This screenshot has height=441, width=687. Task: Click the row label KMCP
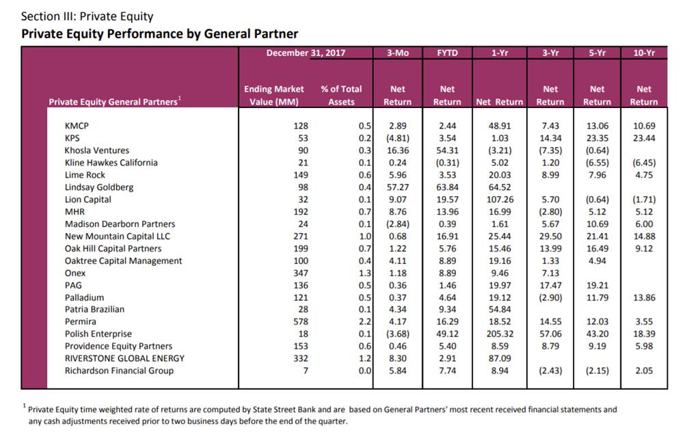coord(77,126)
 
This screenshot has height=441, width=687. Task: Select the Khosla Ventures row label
coord(96,150)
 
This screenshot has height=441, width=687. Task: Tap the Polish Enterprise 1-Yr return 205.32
coord(498,334)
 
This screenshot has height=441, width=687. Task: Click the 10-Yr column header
coord(644,53)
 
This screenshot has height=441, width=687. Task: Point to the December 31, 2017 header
coord(306,53)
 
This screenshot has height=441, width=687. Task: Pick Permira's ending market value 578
coord(301,321)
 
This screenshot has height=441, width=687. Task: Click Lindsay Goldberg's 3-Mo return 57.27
coord(398,187)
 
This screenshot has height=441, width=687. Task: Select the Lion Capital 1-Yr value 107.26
coord(498,200)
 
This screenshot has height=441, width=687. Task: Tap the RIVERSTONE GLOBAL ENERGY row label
coord(124,358)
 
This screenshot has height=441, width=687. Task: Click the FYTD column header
coord(447,53)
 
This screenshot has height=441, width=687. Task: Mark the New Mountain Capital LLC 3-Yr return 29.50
coord(550,237)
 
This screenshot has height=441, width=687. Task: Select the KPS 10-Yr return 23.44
coord(644,138)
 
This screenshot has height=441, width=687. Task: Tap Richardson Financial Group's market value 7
coord(306,371)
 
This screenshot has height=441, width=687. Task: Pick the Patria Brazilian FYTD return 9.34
coord(447,309)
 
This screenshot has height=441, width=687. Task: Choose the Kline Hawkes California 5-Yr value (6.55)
coord(597,163)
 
